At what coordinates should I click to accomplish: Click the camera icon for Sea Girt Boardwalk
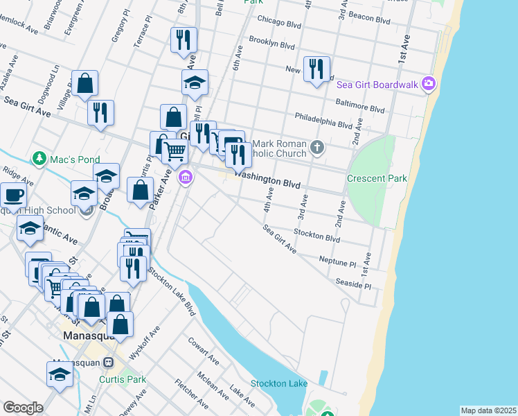[429, 85]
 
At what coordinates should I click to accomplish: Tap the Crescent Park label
[377, 178]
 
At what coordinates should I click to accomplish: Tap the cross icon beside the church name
[317, 146]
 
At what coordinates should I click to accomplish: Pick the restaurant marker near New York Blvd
[316, 69]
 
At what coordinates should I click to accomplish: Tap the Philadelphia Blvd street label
[323, 121]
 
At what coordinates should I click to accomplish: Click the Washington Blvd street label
[268, 180]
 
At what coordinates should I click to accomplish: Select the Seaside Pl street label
[353, 284]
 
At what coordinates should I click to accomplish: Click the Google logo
[23, 407]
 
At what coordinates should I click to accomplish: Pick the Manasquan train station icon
[109, 363]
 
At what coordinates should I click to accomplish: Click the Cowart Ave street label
[202, 348]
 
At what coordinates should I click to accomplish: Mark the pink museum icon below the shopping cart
[185, 179]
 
